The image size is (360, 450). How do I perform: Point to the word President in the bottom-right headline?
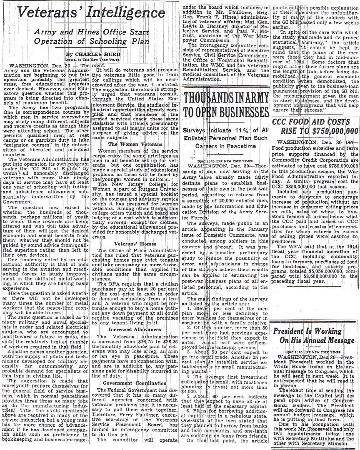(x=294, y=331)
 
